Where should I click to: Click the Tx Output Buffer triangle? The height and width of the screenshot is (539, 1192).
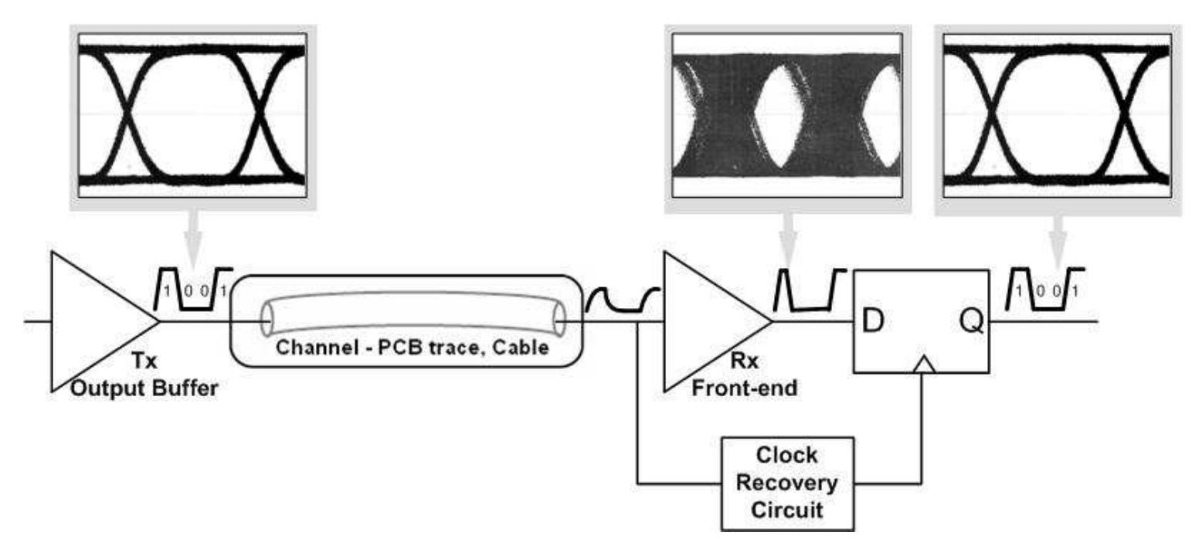coord(93,320)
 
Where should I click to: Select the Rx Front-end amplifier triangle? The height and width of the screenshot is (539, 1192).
coord(707,320)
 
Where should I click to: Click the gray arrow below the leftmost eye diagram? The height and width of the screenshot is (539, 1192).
coord(193,236)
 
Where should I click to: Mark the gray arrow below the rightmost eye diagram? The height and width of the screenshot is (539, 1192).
coord(1058,236)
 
